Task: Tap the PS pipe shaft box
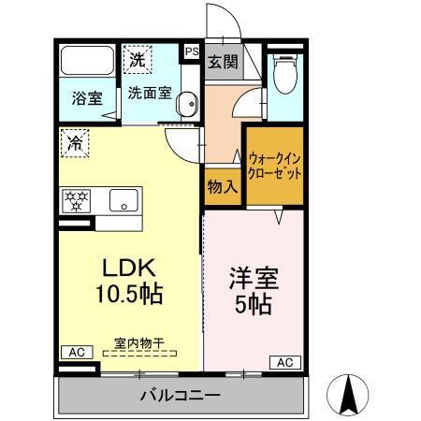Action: point(192,52)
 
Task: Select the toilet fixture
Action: point(284,71)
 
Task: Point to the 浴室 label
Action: point(87,97)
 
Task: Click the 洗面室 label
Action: point(149,94)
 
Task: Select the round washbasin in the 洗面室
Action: point(185,104)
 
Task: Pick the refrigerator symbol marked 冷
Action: point(74,142)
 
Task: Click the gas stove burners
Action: point(77,200)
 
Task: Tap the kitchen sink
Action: point(123,200)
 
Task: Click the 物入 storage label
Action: point(222,187)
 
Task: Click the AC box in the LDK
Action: point(76,352)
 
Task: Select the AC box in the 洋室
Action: point(285,362)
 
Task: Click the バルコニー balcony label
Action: point(181,394)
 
